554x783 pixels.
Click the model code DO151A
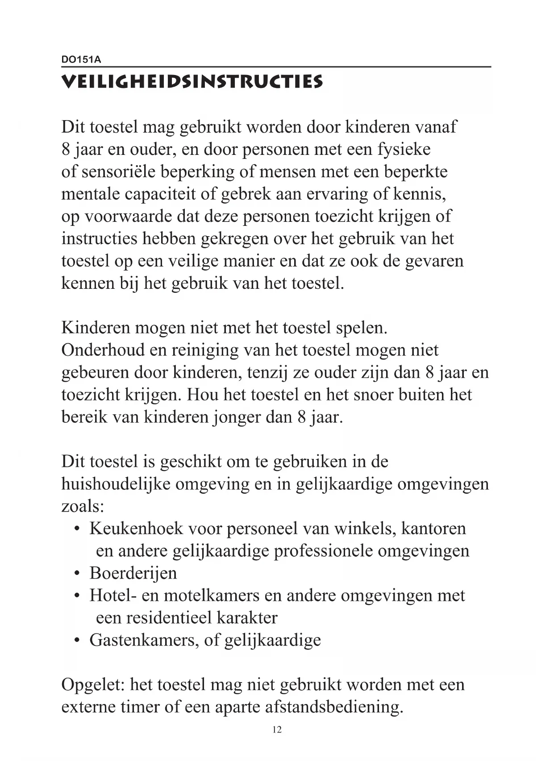tap(81, 59)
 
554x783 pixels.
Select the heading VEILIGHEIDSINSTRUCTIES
tap(192, 82)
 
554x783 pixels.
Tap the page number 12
tap(277, 729)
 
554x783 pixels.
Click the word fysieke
tap(404, 149)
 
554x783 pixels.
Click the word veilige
tap(193, 261)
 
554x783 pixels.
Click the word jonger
tap(237, 418)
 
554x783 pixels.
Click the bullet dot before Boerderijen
tap(77, 573)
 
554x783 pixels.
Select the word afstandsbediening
tap(334, 707)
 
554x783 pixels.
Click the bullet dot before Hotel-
tap(77, 596)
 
